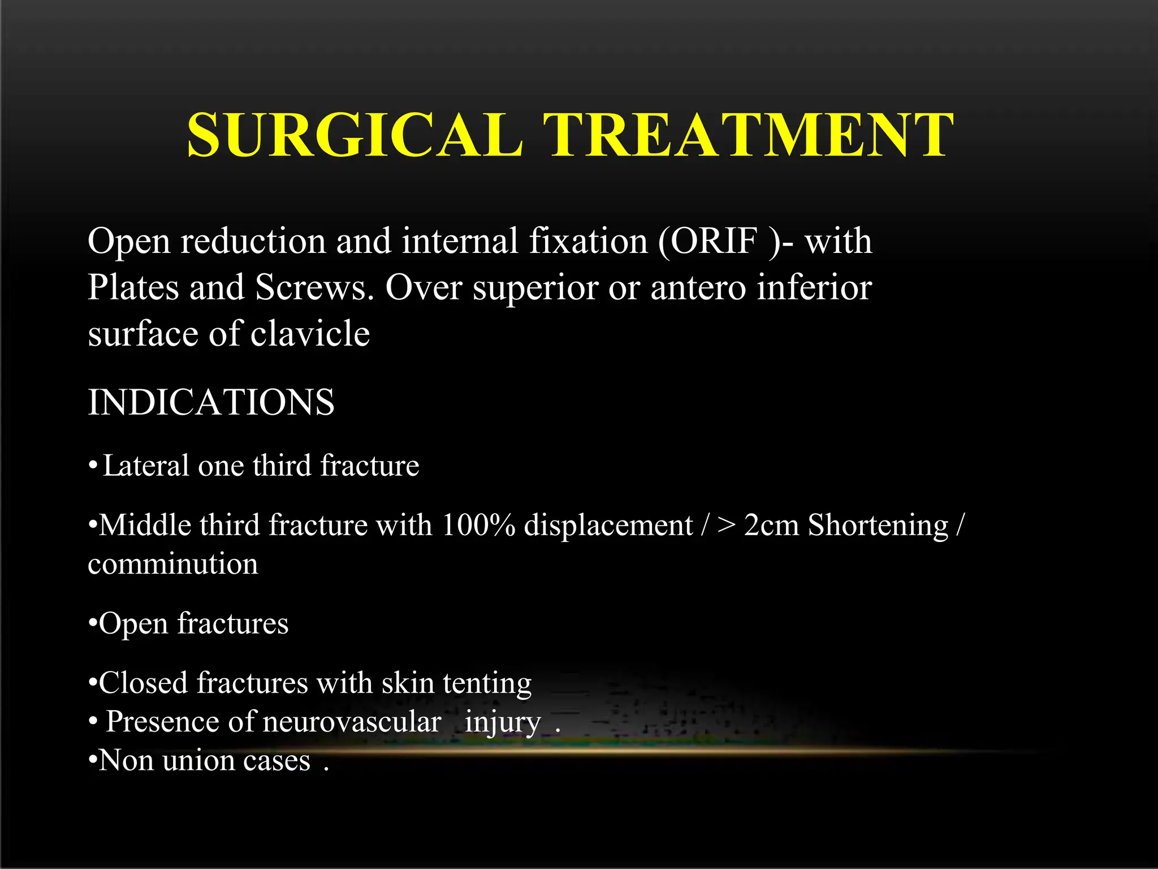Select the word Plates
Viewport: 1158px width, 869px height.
[133, 287]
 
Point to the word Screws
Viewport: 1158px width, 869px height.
[314, 287]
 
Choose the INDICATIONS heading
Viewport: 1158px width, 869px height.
[211, 403]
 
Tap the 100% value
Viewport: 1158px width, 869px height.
[478, 526]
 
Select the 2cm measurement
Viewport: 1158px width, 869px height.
[771, 526]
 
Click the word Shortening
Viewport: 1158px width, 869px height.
[878, 526]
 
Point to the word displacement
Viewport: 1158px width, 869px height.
[608, 526]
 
